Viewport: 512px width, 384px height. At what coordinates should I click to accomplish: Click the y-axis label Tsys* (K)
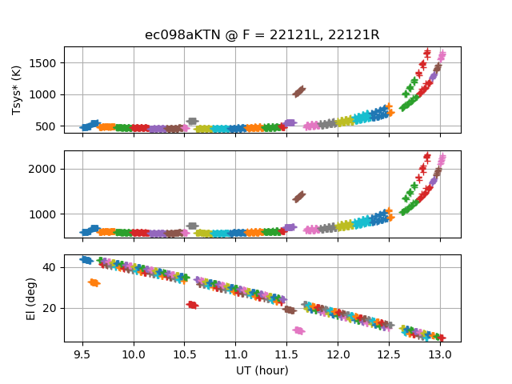click(x=17, y=90)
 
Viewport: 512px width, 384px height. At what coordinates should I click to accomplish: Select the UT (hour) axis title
click(x=262, y=370)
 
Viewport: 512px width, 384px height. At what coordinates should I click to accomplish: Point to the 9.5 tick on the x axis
click(x=82, y=354)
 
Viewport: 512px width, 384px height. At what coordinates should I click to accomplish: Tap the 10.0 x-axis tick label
click(x=134, y=354)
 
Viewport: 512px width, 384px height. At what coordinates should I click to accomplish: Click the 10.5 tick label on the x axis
click(x=185, y=354)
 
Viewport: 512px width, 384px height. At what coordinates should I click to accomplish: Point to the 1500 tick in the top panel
click(x=45, y=63)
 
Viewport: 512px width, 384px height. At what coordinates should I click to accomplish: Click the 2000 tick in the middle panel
click(x=45, y=169)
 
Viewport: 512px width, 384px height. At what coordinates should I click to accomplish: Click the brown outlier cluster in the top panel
click(x=299, y=91)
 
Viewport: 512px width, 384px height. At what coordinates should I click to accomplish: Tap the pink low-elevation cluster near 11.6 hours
click(x=299, y=330)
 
